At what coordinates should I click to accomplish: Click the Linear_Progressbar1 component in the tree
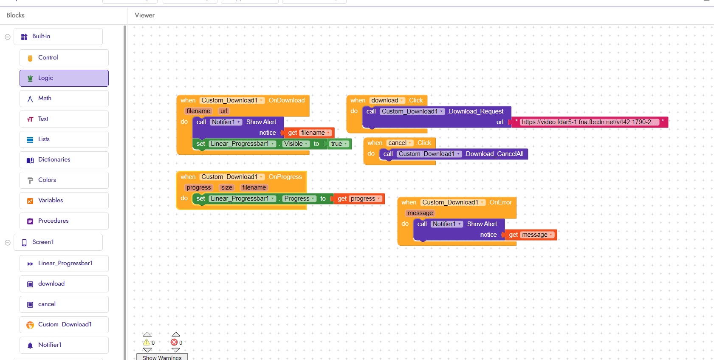pos(65,264)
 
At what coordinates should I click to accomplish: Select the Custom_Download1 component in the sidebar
pos(65,325)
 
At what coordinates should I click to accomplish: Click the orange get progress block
pos(358,199)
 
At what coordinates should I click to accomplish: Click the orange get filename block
pos(308,133)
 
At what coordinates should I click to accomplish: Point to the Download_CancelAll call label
pos(494,154)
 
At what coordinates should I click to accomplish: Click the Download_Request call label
pos(476,111)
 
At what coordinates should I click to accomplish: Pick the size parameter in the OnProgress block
pos(227,188)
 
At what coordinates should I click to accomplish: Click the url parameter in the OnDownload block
pos(224,111)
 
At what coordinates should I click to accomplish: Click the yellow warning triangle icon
pos(147,343)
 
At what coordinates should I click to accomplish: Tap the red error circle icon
pos(174,343)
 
